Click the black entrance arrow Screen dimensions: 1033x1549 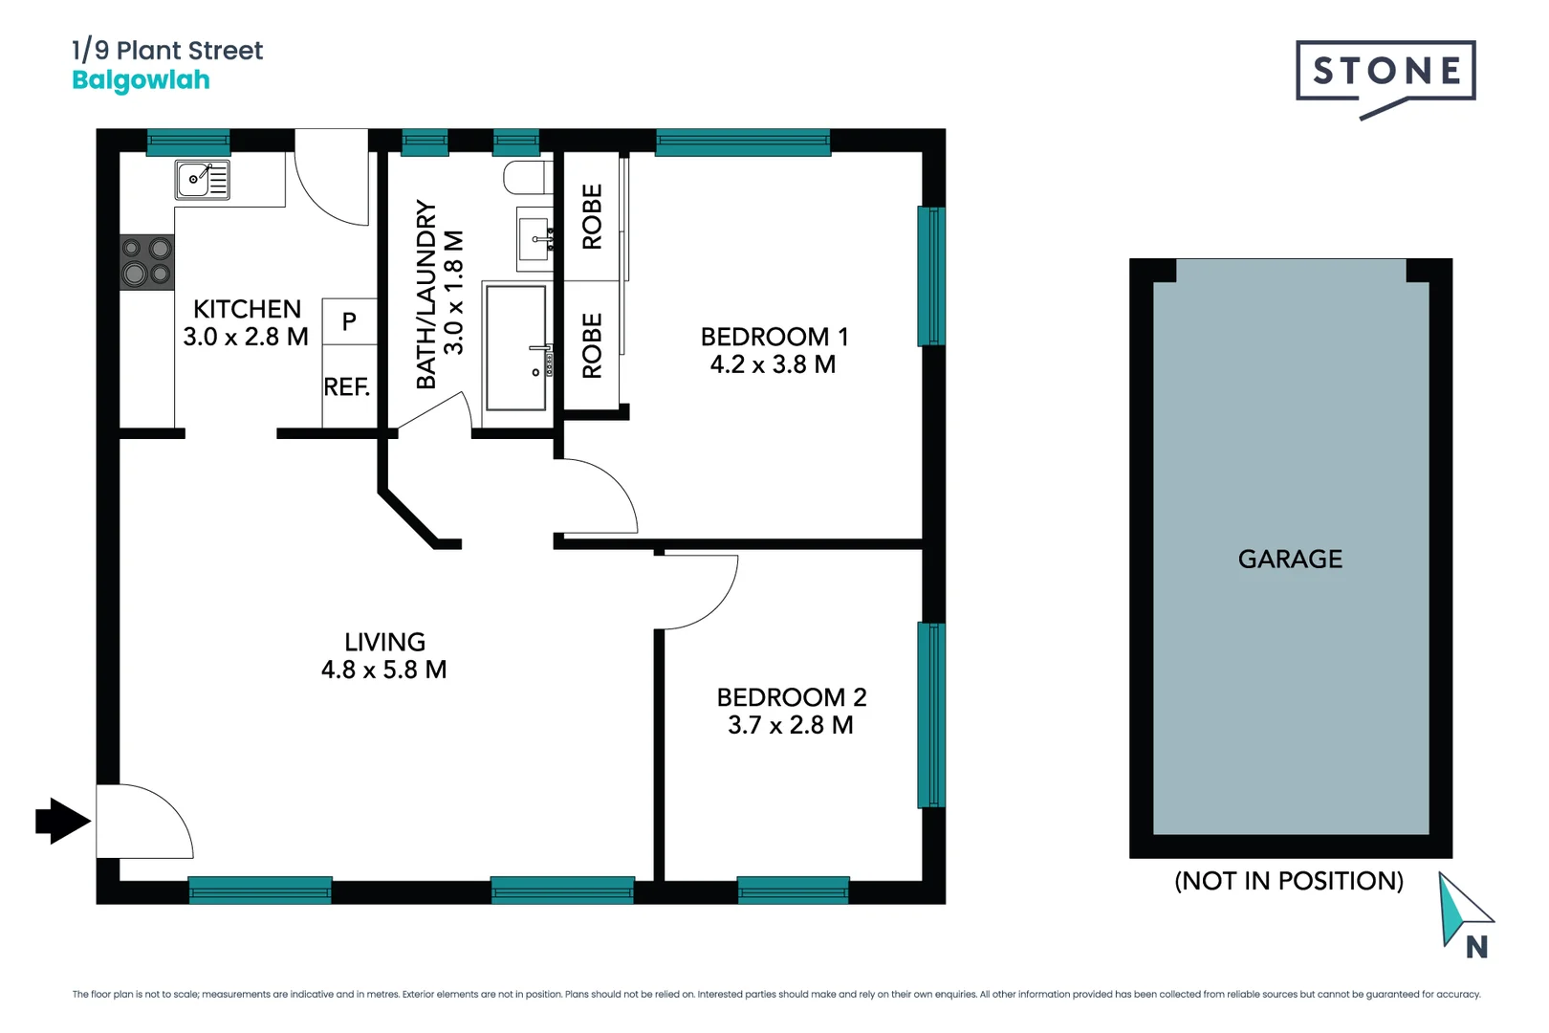(x=62, y=821)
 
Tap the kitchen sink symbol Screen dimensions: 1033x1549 (x=203, y=179)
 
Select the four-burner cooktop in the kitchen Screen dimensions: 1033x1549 (x=147, y=262)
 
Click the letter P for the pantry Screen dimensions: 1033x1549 (x=349, y=322)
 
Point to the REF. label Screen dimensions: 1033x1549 (x=346, y=387)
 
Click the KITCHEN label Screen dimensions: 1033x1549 (x=247, y=309)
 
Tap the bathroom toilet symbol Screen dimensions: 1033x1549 (x=527, y=177)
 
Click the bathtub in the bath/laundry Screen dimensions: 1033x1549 (x=516, y=347)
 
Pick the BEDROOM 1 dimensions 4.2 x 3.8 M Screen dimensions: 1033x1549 (x=773, y=364)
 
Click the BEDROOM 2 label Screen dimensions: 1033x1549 (x=792, y=697)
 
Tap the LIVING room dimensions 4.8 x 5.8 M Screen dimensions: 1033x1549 (x=384, y=670)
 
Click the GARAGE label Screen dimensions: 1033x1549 (x=1290, y=559)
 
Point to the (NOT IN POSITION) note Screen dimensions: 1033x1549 (x=1289, y=881)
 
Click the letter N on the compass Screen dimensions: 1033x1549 (x=1476, y=947)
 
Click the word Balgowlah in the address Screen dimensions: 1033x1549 (x=142, y=79)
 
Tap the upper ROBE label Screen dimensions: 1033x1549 (x=592, y=217)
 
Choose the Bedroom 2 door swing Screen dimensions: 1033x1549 (x=698, y=591)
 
